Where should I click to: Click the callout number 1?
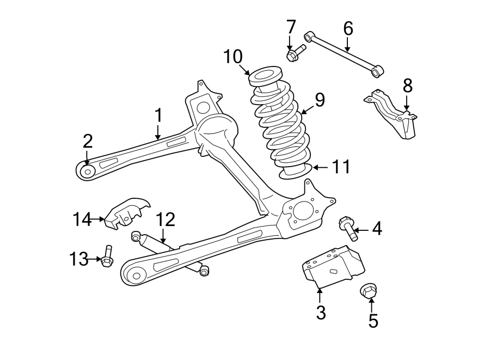click(x=158, y=115)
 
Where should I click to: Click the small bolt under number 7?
click(x=295, y=53)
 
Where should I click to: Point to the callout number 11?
click(x=341, y=167)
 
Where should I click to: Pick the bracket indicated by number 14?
click(x=126, y=212)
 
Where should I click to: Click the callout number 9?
click(x=319, y=100)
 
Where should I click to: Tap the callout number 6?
click(x=348, y=27)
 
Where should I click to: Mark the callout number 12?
click(x=166, y=219)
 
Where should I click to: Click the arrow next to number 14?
click(x=98, y=219)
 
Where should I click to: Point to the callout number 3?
click(x=321, y=313)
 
